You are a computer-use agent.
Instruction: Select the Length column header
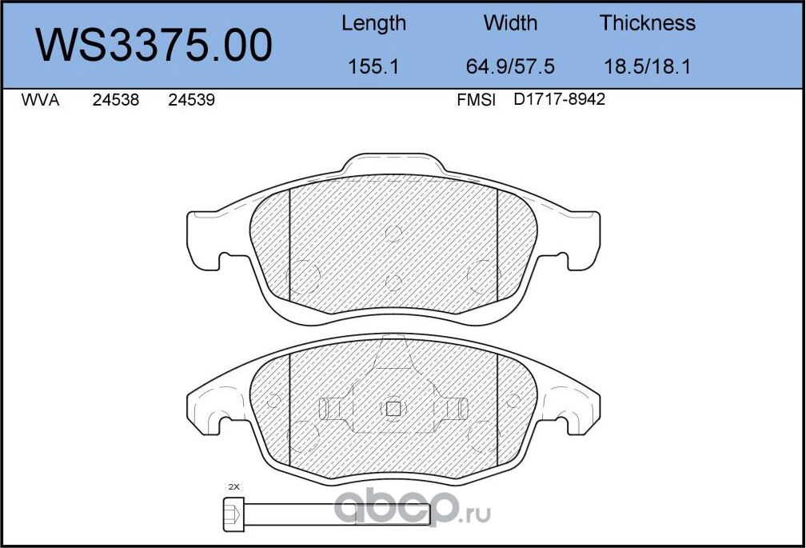(373, 23)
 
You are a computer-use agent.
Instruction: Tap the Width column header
(510, 23)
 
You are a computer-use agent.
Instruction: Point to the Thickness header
(647, 23)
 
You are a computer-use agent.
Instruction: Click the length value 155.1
(373, 66)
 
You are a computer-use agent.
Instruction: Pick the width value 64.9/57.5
(510, 66)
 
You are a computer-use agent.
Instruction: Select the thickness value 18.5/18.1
(647, 66)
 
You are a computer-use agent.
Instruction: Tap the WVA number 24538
(116, 102)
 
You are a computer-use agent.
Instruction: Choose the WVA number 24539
(191, 102)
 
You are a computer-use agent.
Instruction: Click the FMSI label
(476, 102)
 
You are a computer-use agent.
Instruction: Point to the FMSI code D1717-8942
(559, 101)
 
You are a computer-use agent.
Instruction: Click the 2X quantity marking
(233, 486)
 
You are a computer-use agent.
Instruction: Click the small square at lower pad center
(393, 409)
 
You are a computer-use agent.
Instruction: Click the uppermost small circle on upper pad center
(393, 233)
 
